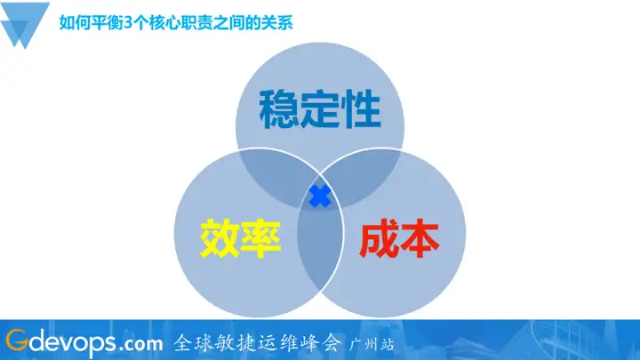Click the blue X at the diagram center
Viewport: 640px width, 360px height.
click(x=319, y=197)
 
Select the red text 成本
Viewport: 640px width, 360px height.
click(x=399, y=237)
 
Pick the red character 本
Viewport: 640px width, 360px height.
click(x=420, y=237)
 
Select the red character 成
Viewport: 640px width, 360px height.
click(x=379, y=237)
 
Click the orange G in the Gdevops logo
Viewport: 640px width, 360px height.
click(x=17, y=340)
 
